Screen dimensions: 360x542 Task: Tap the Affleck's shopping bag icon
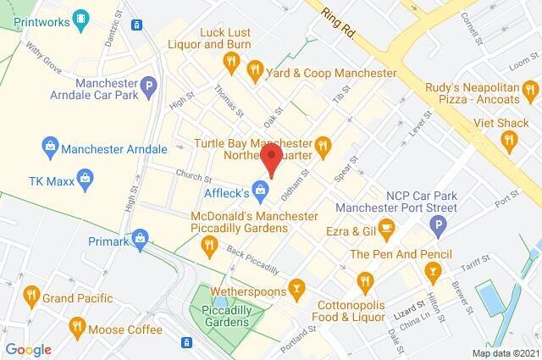(263, 189)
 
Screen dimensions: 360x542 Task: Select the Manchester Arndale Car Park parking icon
(149, 86)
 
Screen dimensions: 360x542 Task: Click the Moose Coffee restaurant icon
(77, 325)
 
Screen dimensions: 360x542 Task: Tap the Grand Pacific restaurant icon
(32, 296)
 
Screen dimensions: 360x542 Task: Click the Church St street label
(193, 178)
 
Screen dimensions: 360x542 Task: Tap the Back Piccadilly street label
(252, 263)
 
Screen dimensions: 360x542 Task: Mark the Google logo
(27, 350)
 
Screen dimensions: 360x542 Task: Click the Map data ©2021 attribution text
(505, 352)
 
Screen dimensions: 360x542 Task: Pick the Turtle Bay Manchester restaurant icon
(324, 150)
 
